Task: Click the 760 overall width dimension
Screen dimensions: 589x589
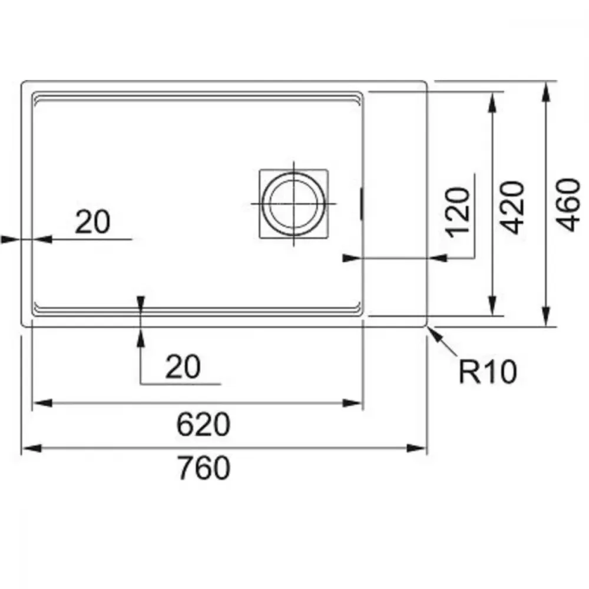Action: (203, 468)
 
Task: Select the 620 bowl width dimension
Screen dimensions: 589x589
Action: (203, 424)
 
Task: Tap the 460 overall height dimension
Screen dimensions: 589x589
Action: (568, 205)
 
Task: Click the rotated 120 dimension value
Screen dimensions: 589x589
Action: (457, 212)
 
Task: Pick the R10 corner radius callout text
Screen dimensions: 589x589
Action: (488, 372)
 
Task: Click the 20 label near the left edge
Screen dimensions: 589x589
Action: (92, 222)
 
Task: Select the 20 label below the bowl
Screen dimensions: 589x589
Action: (183, 366)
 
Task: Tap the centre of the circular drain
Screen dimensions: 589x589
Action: (293, 204)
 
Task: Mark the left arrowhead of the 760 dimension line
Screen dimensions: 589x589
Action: (32, 448)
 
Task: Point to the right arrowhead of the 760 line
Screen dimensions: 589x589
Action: (417, 448)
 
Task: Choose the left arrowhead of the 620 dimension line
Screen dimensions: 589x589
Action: (42, 403)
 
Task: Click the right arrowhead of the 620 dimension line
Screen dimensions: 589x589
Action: (353, 403)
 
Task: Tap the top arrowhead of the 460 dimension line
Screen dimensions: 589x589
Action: (546, 91)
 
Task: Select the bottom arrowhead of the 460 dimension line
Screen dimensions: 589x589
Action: (546, 317)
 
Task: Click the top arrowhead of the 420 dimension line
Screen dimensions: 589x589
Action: (492, 102)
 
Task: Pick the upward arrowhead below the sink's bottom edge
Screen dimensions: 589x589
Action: (141, 337)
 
